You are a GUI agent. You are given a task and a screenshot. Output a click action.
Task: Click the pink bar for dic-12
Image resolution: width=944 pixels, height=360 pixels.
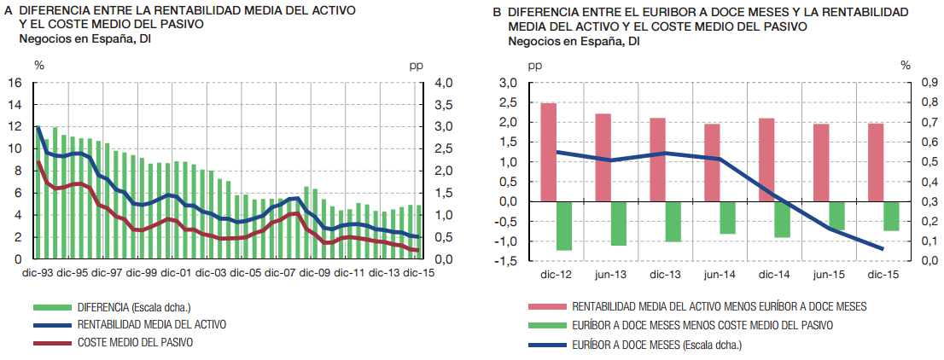click(549, 152)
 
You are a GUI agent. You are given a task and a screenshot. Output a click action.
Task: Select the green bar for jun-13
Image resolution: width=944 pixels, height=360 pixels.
click(618, 223)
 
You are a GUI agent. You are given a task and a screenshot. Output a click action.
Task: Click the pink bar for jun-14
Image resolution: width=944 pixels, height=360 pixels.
click(712, 162)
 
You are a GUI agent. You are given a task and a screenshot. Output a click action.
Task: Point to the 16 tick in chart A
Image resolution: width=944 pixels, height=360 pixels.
click(15, 83)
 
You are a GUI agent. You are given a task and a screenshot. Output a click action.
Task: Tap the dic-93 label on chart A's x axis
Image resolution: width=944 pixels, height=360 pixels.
click(37, 273)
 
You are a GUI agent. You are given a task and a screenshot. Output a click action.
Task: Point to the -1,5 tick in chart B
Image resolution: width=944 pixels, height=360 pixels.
click(506, 260)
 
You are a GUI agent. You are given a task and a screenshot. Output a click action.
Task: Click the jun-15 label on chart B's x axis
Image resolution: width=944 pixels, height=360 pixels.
click(828, 274)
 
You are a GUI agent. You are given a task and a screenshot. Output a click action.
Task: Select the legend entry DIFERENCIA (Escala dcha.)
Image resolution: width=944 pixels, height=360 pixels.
click(129, 307)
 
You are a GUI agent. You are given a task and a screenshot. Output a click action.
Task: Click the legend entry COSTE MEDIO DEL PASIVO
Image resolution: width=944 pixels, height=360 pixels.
click(135, 341)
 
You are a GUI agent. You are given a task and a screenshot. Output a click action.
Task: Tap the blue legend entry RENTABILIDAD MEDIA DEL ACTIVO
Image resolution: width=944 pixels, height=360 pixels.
click(152, 324)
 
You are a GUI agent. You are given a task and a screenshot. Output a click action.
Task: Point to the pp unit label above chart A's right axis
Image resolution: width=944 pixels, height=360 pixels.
click(417, 65)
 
